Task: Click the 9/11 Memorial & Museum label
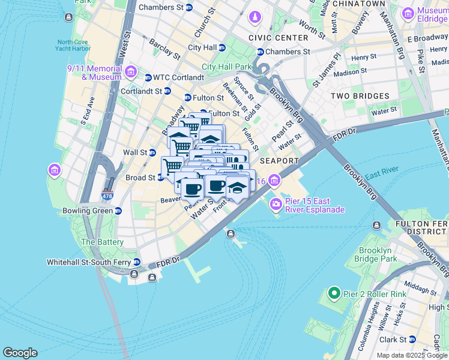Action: pyautogui.click(x=94, y=73)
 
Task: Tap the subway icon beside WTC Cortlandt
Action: pyautogui.click(x=148, y=77)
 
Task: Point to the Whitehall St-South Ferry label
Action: pyautogui.click(x=89, y=262)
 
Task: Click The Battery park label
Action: pyautogui.click(x=103, y=242)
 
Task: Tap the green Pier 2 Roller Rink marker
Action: pyautogui.click(x=334, y=293)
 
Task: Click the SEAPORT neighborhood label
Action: pyautogui.click(x=279, y=161)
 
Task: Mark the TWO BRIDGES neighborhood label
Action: pyautogui.click(x=360, y=96)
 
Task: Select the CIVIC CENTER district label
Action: pyautogui.click(x=274, y=38)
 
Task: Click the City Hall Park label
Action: pyautogui.click(x=226, y=67)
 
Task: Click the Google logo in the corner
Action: pyautogui.click(x=20, y=353)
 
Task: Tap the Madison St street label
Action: pyautogui.click(x=350, y=72)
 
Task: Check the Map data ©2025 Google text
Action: pyautogui.click(x=411, y=355)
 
